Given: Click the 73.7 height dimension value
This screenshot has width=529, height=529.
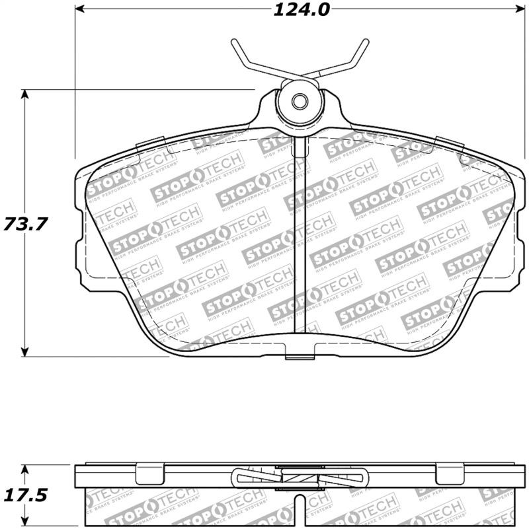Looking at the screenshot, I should click(25, 224).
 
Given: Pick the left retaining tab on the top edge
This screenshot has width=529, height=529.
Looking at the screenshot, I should click(149, 142).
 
